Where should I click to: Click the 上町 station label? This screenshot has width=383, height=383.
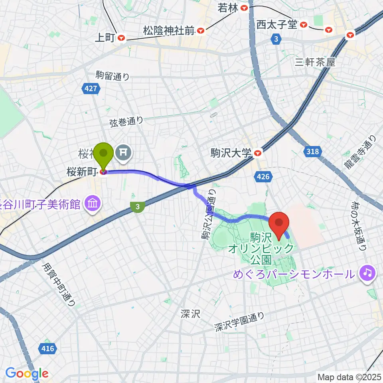click(105, 38)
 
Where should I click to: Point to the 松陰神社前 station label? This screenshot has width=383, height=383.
click(169, 30)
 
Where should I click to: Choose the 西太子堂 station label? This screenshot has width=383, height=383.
click(276, 25)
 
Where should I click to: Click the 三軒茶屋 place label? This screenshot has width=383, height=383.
click(314, 62)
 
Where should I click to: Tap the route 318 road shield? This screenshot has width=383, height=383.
click(313, 151)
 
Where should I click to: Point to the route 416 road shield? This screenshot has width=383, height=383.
click(47, 349)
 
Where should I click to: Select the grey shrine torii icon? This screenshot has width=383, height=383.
click(123, 152)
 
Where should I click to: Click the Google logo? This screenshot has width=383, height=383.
click(27, 374)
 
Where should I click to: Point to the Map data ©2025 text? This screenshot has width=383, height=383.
click(349, 377)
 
